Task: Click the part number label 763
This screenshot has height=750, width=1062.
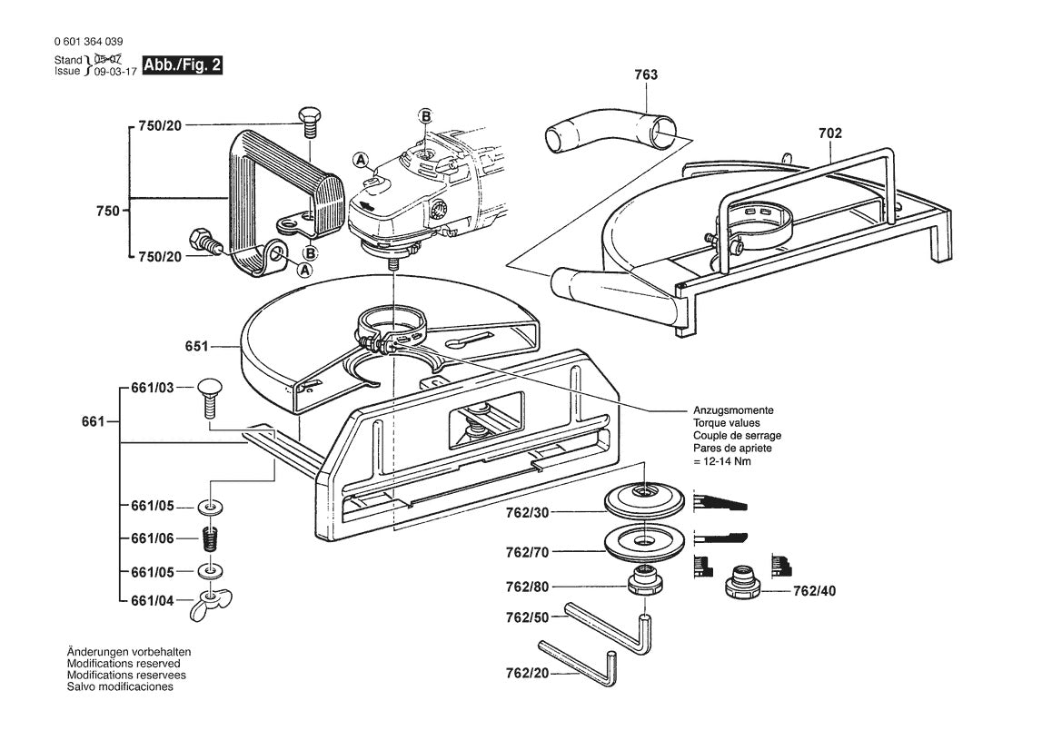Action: coord(646,74)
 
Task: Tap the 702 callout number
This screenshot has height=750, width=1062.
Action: coord(829,133)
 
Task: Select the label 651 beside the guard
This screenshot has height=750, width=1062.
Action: coord(197,346)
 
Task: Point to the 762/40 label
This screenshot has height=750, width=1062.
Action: coord(814,590)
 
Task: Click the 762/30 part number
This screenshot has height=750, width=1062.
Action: coord(528,513)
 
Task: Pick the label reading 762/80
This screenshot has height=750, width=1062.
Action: coord(528,587)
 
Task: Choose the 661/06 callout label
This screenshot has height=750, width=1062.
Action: coord(152,538)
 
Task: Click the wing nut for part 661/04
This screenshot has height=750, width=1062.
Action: coord(211,606)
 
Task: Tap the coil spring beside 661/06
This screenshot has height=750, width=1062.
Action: coord(211,539)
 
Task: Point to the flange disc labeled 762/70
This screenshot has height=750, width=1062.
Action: coord(643,541)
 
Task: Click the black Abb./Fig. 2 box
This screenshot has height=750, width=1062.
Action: coord(182,65)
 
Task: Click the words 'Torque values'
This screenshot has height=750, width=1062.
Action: coord(727,423)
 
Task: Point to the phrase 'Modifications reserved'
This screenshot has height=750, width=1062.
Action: coord(124,664)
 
